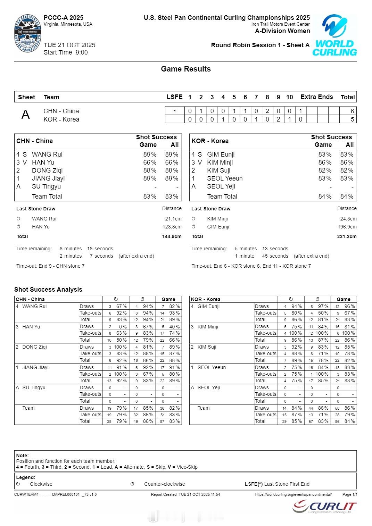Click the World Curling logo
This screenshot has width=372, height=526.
[x=334, y=35]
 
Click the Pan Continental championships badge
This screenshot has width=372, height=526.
[x=27, y=34]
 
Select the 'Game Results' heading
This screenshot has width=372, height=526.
[x=186, y=69]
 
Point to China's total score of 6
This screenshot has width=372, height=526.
[x=352, y=111]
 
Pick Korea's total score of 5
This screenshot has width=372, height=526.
[x=352, y=119]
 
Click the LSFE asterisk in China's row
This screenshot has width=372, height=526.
[x=175, y=111]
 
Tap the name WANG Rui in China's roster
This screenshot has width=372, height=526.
[x=47, y=155]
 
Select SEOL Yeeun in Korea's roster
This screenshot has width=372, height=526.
[x=225, y=178]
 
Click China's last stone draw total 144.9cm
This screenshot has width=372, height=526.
[x=172, y=236]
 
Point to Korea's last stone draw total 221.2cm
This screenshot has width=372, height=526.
[x=347, y=236]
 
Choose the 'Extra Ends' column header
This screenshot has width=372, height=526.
[x=316, y=97]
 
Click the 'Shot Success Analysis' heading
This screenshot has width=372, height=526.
[x=48, y=290]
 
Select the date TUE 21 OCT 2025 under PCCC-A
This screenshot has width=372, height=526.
[x=69, y=45]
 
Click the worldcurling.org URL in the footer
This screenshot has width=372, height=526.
[x=293, y=494]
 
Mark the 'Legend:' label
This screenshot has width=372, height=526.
[x=26, y=477]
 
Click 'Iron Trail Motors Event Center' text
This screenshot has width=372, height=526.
[x=280, y=24]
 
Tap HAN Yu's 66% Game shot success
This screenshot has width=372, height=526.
[x=150, y=162]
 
